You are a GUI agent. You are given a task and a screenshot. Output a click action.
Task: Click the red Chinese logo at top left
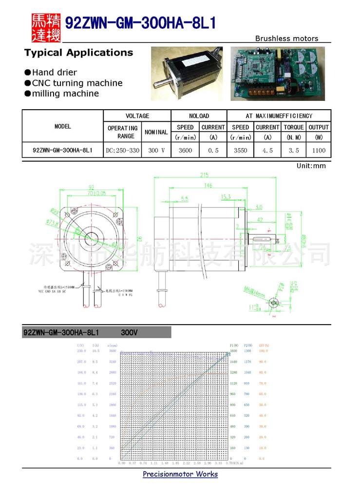pyautogui.click(x=46, y=27)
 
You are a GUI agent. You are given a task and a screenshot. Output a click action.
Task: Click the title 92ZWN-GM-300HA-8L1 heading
pyautogui.click(x=140, y=23)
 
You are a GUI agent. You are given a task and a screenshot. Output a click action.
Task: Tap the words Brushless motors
pyautogui.click(x=286, y=38)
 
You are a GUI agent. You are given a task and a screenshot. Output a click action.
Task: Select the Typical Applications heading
pyautogui.click(x=78, y=53)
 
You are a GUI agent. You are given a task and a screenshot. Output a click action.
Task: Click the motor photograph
pyautogui.click(x=187, y=74)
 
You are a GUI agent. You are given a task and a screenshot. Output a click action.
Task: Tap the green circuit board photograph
pyautogui.click(x=277, y=74)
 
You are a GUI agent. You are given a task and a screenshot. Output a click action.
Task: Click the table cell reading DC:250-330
pyautogui.click(x=122, y=151)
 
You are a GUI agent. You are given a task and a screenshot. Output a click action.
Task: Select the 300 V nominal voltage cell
pyautogui.click(x=156, y=151)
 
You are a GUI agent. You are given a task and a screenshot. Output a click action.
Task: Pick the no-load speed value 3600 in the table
pyautogui.click(x=185, y=151)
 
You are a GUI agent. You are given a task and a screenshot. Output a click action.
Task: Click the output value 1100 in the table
pyautogui.click(x=319, y=151)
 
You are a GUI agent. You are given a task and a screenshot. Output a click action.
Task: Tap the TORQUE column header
pyautogui.click(x=294, y=127)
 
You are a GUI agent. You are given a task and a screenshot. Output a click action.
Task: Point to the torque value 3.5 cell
pyautogui.click(x=294, y=151)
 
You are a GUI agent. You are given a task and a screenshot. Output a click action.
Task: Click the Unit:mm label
pyautogui.click(x=311, y=166)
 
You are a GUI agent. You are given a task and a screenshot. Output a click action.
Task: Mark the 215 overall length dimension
pyautogui.click(x=204, y=175)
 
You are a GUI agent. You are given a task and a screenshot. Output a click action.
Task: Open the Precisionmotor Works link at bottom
pyautogui.click(x=180, y=474)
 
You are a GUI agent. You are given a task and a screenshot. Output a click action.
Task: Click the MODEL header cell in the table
pyautogui.click(x=63, y=126)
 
